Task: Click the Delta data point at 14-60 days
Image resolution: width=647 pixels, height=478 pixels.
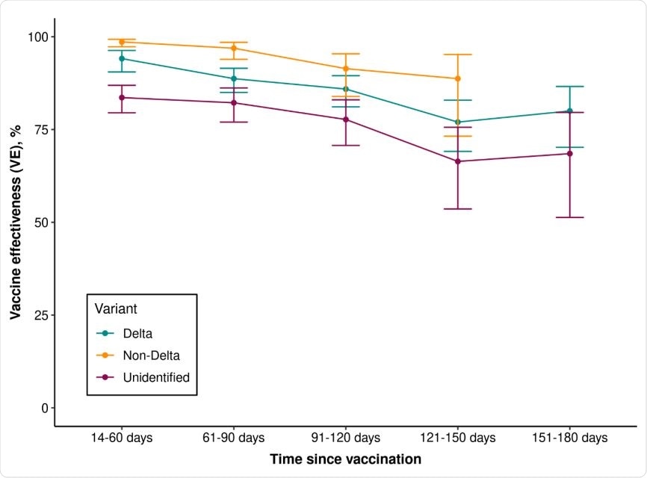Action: coord(122,58)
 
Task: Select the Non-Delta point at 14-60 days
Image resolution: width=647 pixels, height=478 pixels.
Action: coord(122,42)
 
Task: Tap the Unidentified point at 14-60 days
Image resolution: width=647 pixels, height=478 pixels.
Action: coord(122,97)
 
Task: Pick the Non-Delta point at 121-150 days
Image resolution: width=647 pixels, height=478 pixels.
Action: coord(457,78)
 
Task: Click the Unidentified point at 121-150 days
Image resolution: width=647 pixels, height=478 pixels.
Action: coord(457,161)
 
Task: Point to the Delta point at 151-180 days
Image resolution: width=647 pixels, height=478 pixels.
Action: coord(569,111)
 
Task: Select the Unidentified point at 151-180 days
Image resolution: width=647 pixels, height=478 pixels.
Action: coord(569,153)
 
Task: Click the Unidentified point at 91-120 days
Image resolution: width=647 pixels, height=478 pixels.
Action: coord(345,119)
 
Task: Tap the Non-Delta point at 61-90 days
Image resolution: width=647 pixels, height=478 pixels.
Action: coord(234,48)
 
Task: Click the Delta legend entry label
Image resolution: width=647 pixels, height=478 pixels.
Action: coord(137,333)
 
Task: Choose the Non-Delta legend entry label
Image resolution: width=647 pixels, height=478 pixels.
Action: coord(151,356)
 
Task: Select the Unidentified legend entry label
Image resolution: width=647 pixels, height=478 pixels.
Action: coord(156,378)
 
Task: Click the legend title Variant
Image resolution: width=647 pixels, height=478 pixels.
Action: coord(115,308)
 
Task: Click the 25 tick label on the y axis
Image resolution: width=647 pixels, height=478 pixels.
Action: coord(41,315)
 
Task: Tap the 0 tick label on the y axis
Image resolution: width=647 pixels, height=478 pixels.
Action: coord(44,408)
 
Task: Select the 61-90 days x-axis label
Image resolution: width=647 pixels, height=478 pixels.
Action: coord(234,438)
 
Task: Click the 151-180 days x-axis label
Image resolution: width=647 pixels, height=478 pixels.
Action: coord(569,438)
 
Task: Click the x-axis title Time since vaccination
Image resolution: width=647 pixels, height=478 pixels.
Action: coord(345,459)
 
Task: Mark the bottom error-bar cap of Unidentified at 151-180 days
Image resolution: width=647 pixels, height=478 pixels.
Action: coord(569,217)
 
